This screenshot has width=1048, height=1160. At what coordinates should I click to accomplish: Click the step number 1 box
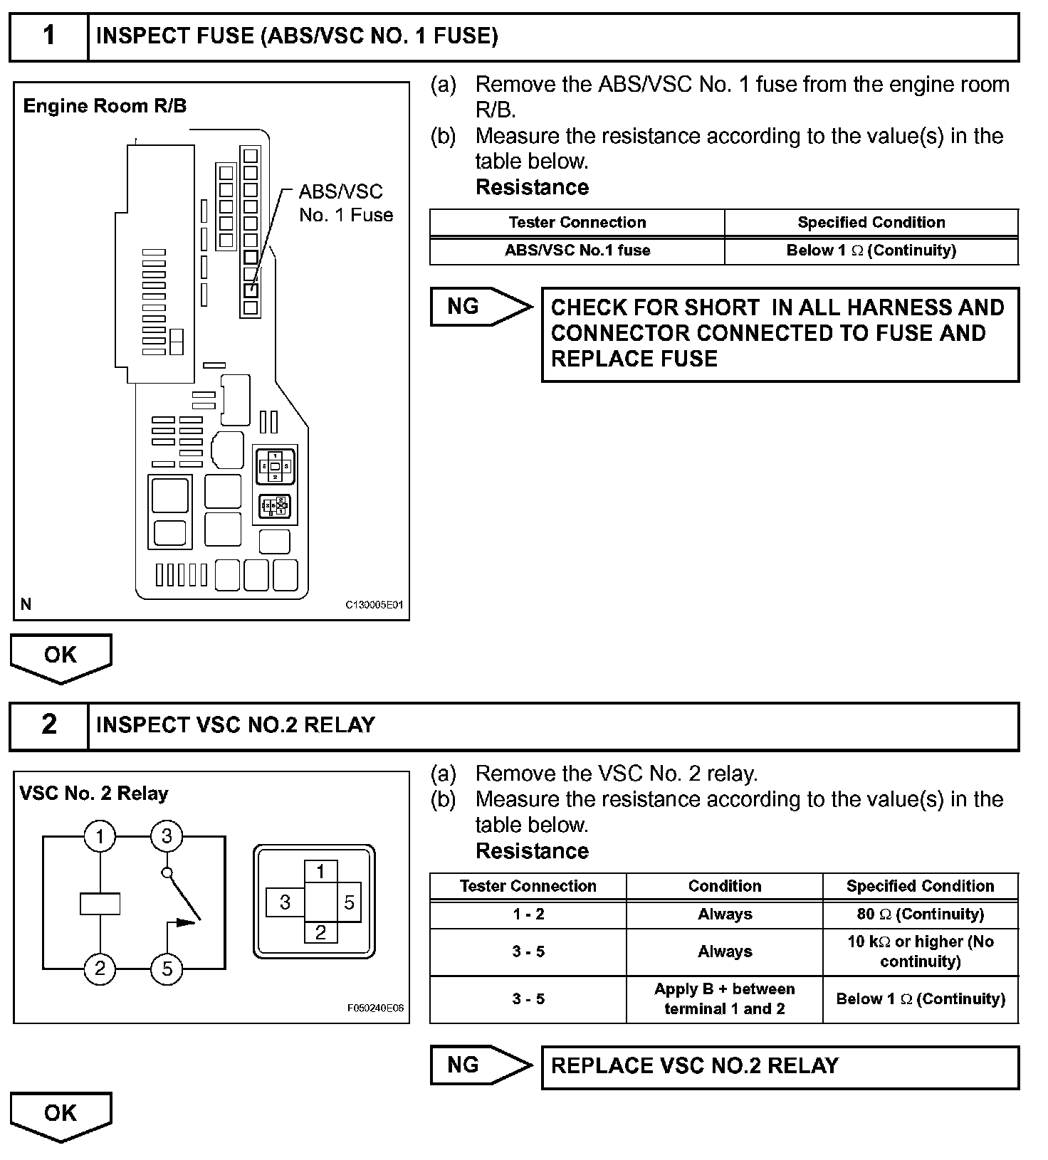tap(48, 36)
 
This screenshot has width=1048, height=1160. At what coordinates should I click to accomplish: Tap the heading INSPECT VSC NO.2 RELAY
tap(235, 724)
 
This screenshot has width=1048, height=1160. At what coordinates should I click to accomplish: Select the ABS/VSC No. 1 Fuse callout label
tap(345, 204)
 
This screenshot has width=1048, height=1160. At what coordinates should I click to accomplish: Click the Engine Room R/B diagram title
tap(105, 106)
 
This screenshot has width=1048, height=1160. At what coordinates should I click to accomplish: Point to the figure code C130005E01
tap(374, 605)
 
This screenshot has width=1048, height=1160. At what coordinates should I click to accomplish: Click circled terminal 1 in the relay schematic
tap(100, 836)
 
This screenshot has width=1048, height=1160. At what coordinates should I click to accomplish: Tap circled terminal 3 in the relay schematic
tap(167, 836)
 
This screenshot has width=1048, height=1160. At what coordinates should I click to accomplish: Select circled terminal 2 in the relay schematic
tap(100, 969)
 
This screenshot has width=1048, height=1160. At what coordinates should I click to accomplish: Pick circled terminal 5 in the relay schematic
tap(167, 969)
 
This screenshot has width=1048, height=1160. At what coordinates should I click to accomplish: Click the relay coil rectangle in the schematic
tap(100, 903)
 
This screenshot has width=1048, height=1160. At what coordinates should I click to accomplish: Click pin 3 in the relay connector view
tap(285, 902)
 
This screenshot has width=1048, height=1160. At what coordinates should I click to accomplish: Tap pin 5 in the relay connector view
tap(349, 902)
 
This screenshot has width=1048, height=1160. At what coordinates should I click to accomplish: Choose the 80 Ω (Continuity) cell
tap(921, 914)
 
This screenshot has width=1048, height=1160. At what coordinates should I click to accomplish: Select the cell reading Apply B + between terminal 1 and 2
tap(724, 998)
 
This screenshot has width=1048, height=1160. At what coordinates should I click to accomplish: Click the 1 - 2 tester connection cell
tap(528, 914)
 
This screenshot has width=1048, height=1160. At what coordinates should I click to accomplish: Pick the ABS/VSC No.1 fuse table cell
tap(577, 251)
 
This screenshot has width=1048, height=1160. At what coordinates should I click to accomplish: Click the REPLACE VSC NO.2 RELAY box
tap(780, 1066)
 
